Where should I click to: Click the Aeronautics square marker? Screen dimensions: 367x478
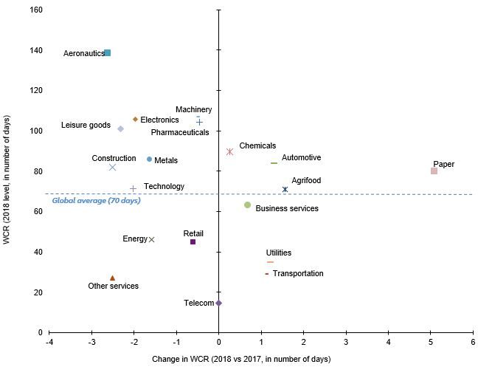[x=108, y=53]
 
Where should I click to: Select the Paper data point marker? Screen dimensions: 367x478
[x=434, y=171]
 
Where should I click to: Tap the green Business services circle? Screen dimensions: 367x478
[x=247, y=205]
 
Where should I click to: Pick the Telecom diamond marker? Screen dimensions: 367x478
[x=218, y=303]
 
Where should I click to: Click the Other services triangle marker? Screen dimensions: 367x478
[x=112, y=278]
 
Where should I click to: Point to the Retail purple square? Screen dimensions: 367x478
[x=193, y=241]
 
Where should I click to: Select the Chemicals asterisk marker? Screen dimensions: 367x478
[x=229, y=151]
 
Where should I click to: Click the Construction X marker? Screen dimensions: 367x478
[x=112, y=167]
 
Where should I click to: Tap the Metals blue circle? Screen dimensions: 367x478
[x=149, y=159]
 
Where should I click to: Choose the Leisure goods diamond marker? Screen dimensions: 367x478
[x=120, y=129]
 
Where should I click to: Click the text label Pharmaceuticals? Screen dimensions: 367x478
[x=179, y=132]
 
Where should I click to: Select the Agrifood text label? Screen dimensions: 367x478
[x=306, y=180]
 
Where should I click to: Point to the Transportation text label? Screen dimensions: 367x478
[x=298, y=273]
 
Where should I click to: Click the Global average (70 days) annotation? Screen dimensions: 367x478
[x=96, y=201]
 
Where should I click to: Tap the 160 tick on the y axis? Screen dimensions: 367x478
[x=35, y=10]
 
